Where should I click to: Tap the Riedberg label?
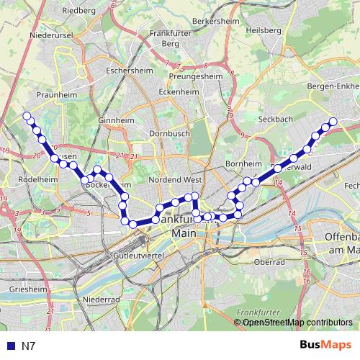(78, 11)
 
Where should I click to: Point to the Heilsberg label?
(263, 30)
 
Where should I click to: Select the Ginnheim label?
(112, 120)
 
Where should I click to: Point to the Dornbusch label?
(168, 133)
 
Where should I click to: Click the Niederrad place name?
(100, 298)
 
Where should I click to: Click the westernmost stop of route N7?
(27, 116)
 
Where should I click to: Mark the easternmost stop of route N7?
(333, 122)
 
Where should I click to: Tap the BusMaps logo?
(325, 346)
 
